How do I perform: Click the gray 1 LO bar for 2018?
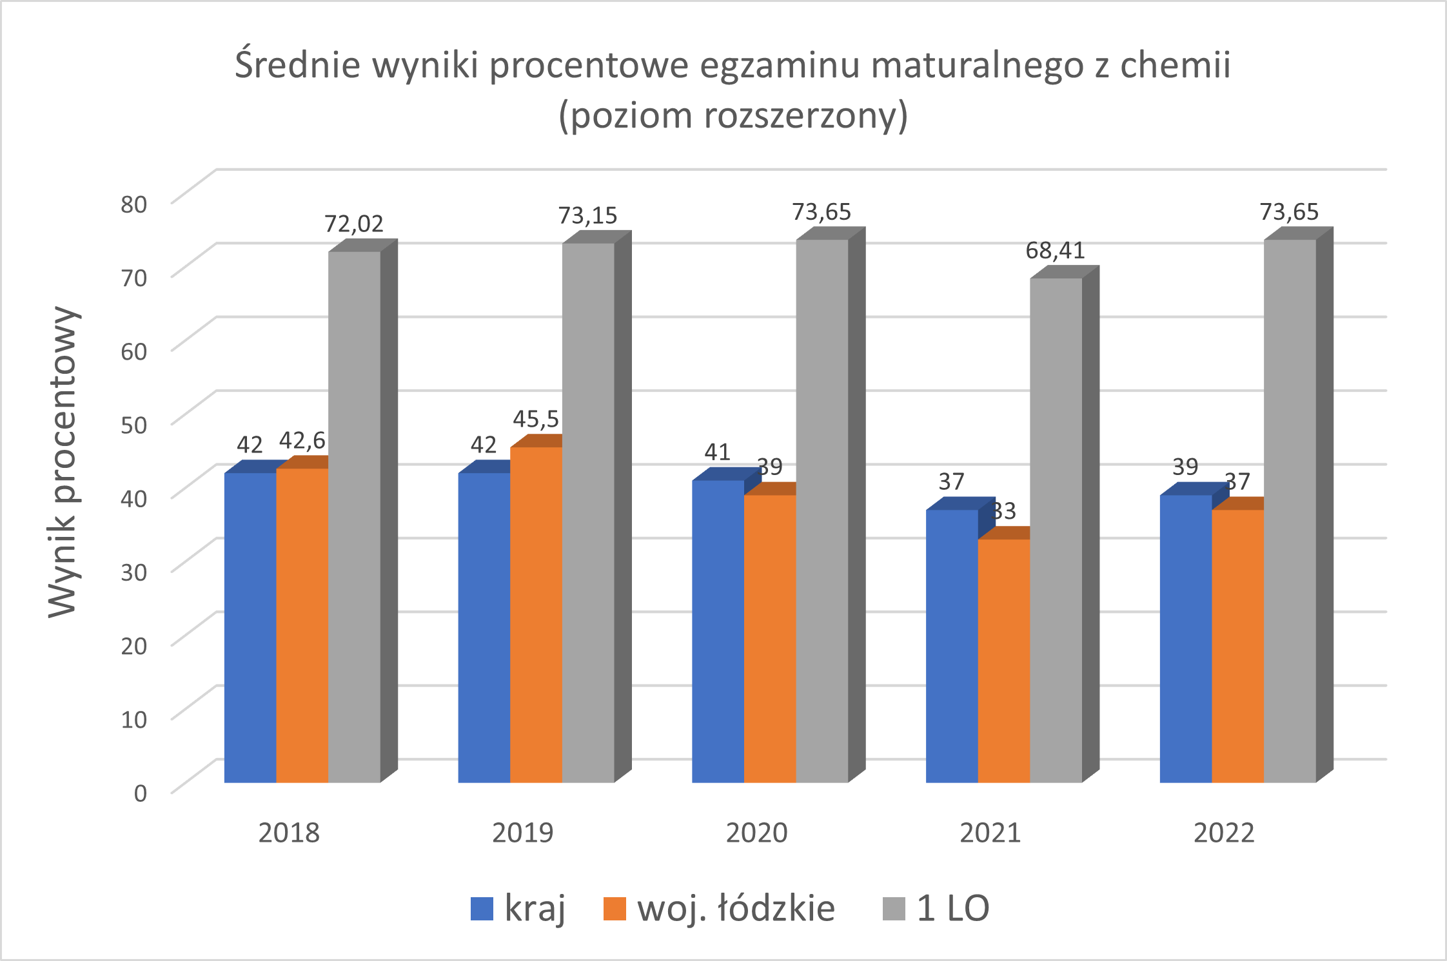click(x=354, y=516)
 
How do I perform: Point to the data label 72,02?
click(x=353, y=224)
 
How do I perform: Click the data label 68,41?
click(x=1055, y=250)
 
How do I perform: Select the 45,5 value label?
click(x=536, y=420)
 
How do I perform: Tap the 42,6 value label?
click(x=302, y=441)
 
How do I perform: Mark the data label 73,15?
click(x=587, y=215)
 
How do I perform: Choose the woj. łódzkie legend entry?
click(x=719, y=909)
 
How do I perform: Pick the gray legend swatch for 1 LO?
click(x=894, y=909)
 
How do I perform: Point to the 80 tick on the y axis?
click(x=134, y=204)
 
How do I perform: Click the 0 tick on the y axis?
click(x=140, y=793)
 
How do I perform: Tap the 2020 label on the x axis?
click(x=756, y=833)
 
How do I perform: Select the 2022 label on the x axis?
click(x=1224, y=833)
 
